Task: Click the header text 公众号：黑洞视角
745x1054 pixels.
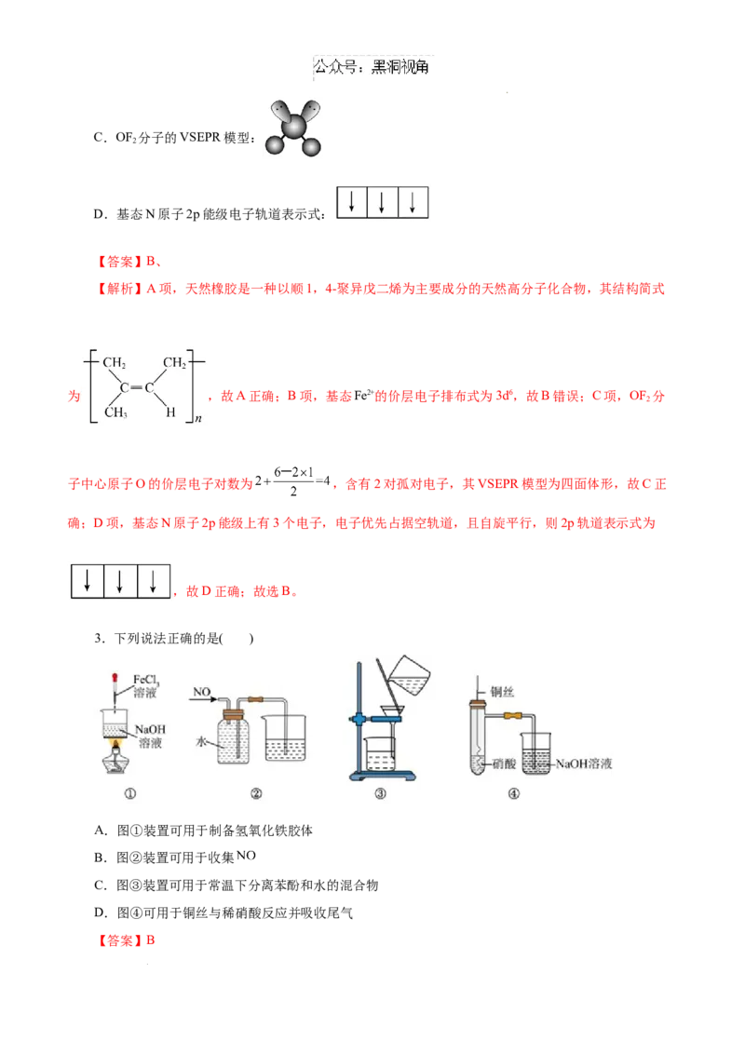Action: [x=372, y=67]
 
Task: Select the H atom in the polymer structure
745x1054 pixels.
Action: [x=170, y=412]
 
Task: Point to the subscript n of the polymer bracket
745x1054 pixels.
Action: [x=198, y=420]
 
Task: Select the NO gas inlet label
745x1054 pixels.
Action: [x=202, y=692]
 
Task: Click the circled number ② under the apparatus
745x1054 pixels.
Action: [x=255, y=794]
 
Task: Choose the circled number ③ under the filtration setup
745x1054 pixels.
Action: [x=380, y=794]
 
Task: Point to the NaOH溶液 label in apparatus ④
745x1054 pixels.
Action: [x=585, y=763]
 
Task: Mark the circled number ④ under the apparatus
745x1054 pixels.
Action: [x=513, y=794]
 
